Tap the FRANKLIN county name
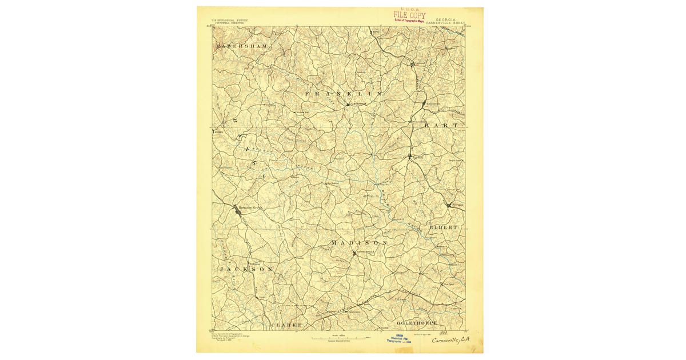[343, 93]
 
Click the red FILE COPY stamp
[409, 16]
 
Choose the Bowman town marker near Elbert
[450, 204]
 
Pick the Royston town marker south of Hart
[410, 155]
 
